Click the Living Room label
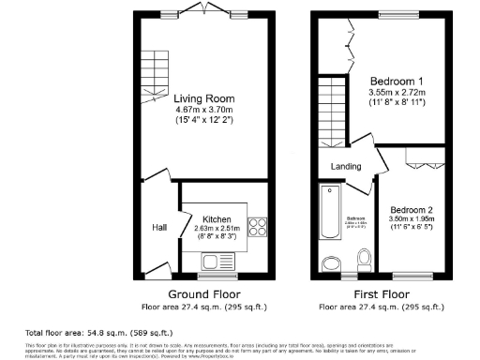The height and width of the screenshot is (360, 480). tap(203, 98)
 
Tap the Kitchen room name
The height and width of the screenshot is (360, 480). tap(217, 218)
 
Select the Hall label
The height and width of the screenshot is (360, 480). tap(159, 227)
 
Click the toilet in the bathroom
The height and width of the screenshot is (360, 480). tap(366, 259)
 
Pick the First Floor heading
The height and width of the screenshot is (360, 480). tap(382, 292)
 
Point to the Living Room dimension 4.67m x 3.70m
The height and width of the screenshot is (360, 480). tap(203, 110)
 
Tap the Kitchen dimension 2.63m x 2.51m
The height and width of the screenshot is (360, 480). tap(217, 228)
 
